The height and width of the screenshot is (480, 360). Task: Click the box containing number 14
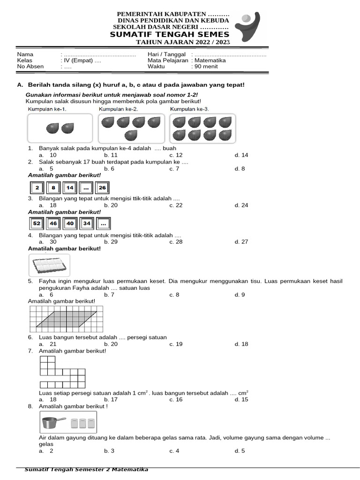tap(70, 188)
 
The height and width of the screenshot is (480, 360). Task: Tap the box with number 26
tap(102, 188)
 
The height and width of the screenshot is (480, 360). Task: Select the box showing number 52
tap(37, 224)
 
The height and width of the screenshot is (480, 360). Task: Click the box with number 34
tap(86, 224)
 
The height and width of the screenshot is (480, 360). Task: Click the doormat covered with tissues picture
tap(49, 266)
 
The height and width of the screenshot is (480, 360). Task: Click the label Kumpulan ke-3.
tap(189, 109)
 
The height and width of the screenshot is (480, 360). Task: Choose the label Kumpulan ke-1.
tap(47, 109)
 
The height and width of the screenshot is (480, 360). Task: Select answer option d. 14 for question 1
tap(241, 155)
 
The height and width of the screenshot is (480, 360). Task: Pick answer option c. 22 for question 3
tap(176, 205)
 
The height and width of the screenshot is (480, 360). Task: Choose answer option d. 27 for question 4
tap(241, 242)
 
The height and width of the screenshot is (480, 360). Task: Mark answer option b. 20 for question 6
tap(111, 344)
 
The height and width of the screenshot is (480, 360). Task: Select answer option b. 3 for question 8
tap(109, 451)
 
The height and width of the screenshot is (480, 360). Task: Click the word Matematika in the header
tap(210, 60)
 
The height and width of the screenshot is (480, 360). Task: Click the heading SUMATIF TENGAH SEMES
tap(170, 35)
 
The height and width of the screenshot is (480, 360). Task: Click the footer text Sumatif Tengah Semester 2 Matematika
tap(86, 470)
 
